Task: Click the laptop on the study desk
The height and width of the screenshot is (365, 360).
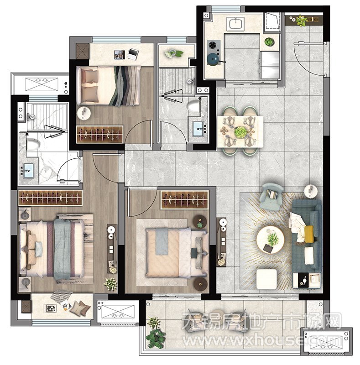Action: click(x=133, y=54)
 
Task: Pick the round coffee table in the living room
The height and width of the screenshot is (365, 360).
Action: click(x=270, y=240)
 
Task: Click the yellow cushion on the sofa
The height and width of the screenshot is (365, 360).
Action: click(x=308, y=234)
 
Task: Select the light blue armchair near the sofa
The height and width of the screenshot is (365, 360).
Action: click(x=272, y=196)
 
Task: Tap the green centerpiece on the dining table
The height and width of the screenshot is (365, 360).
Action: click(x=240, y=132)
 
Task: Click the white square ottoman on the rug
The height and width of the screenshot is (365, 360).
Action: click(x=266, y=279)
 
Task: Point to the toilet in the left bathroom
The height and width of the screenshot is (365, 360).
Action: click(x=32, y=144)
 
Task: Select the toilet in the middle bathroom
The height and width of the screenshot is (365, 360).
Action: click(x=194, y=106)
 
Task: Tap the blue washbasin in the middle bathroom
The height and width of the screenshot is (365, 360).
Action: click(x=198, y=129)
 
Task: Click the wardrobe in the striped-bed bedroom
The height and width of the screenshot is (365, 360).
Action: click(x=99, y=134)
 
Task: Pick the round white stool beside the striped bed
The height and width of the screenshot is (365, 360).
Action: click(x=83, y=114)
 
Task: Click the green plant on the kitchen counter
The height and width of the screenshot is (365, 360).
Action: click(x=269, y=42)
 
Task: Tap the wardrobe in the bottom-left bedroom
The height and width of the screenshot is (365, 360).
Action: click(x=51, y=198)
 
